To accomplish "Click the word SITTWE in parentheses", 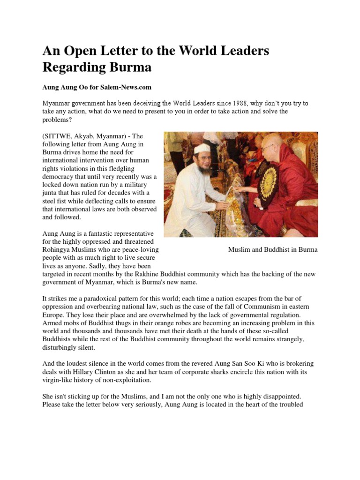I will [x=59, y=135].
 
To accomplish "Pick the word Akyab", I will [x=85, y=135].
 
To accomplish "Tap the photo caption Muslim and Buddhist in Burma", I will [x=272, y=249].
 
